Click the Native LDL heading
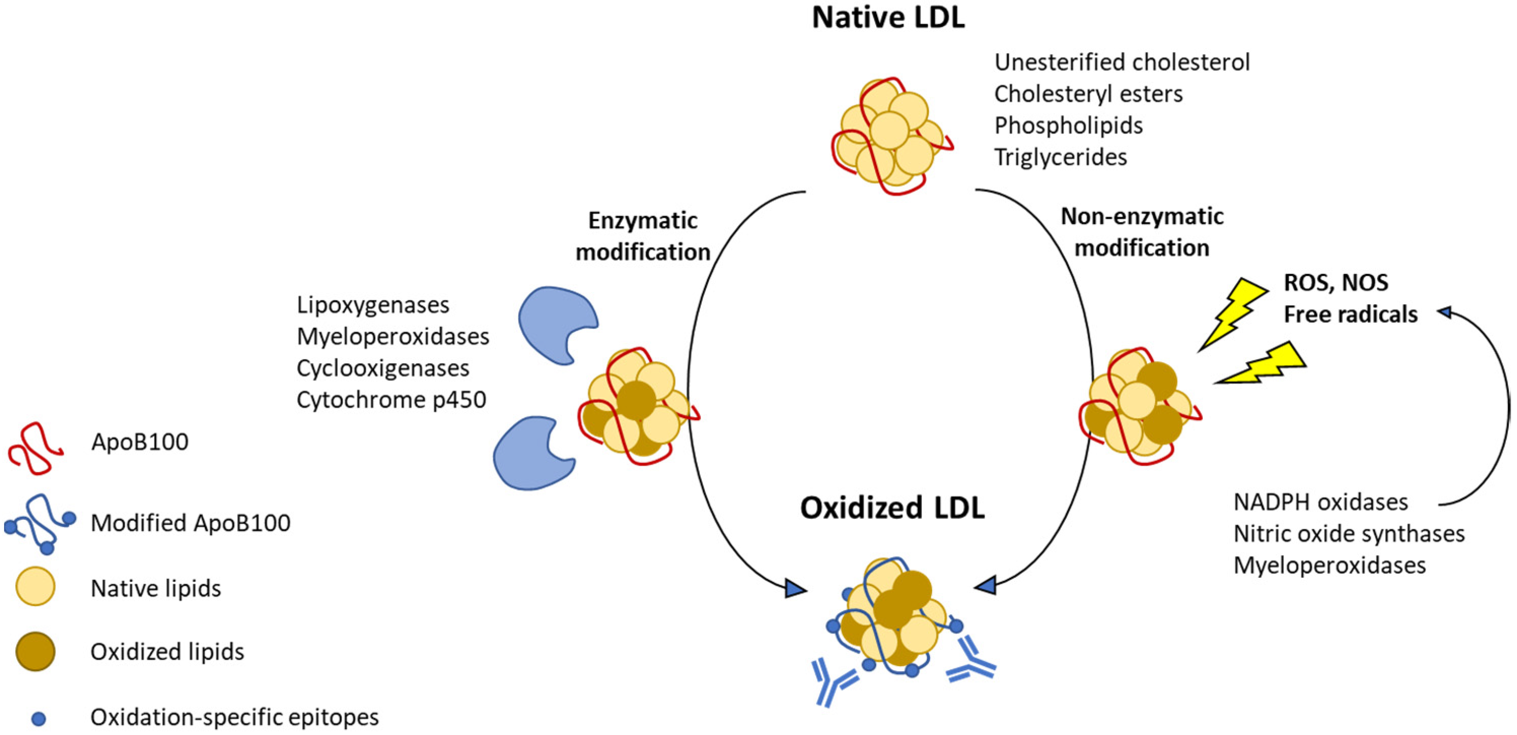click(x=888, y=18)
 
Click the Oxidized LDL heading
click(x=891, y=508)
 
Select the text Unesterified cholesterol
click(x=1121, y=62)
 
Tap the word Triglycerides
click(x=1060, y=157)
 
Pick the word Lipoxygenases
click(x=373, y=305)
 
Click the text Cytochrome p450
click(x=391, y=400)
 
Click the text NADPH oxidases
click(x=1320, y=502)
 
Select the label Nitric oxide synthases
click(x=1349, y=534)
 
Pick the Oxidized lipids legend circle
click(x=35, y=652)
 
